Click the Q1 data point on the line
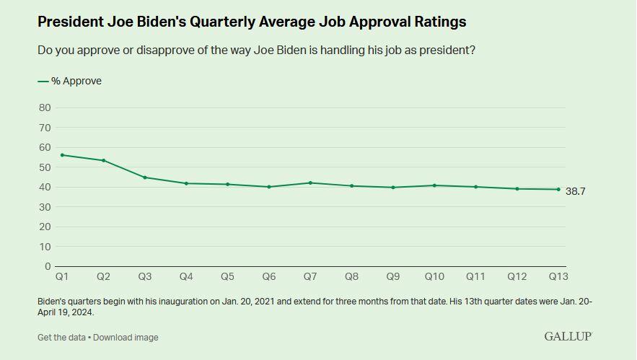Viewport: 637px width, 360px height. point(62,155)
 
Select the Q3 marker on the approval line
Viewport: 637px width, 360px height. point(145,177)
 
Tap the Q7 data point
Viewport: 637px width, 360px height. point(310,183)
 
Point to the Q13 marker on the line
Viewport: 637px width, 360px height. point(558,190)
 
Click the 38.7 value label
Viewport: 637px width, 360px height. point(575,191)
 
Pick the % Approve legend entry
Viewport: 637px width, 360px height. point(70,82)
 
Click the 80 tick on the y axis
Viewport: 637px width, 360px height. point(45,107)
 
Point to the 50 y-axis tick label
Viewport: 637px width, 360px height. point(45,167)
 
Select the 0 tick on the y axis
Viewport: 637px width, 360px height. point(48,266)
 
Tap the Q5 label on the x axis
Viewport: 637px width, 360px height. point(227,276)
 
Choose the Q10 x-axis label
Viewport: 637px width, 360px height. point(434,276)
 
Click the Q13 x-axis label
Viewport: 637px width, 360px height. point(558,276)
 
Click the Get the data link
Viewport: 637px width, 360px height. point(62,337)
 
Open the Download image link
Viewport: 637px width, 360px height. point(126,337)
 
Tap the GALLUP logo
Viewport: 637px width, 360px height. point(568,336)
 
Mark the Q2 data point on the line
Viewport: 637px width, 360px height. point(103,160)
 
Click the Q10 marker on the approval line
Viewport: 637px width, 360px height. point(434,185)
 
